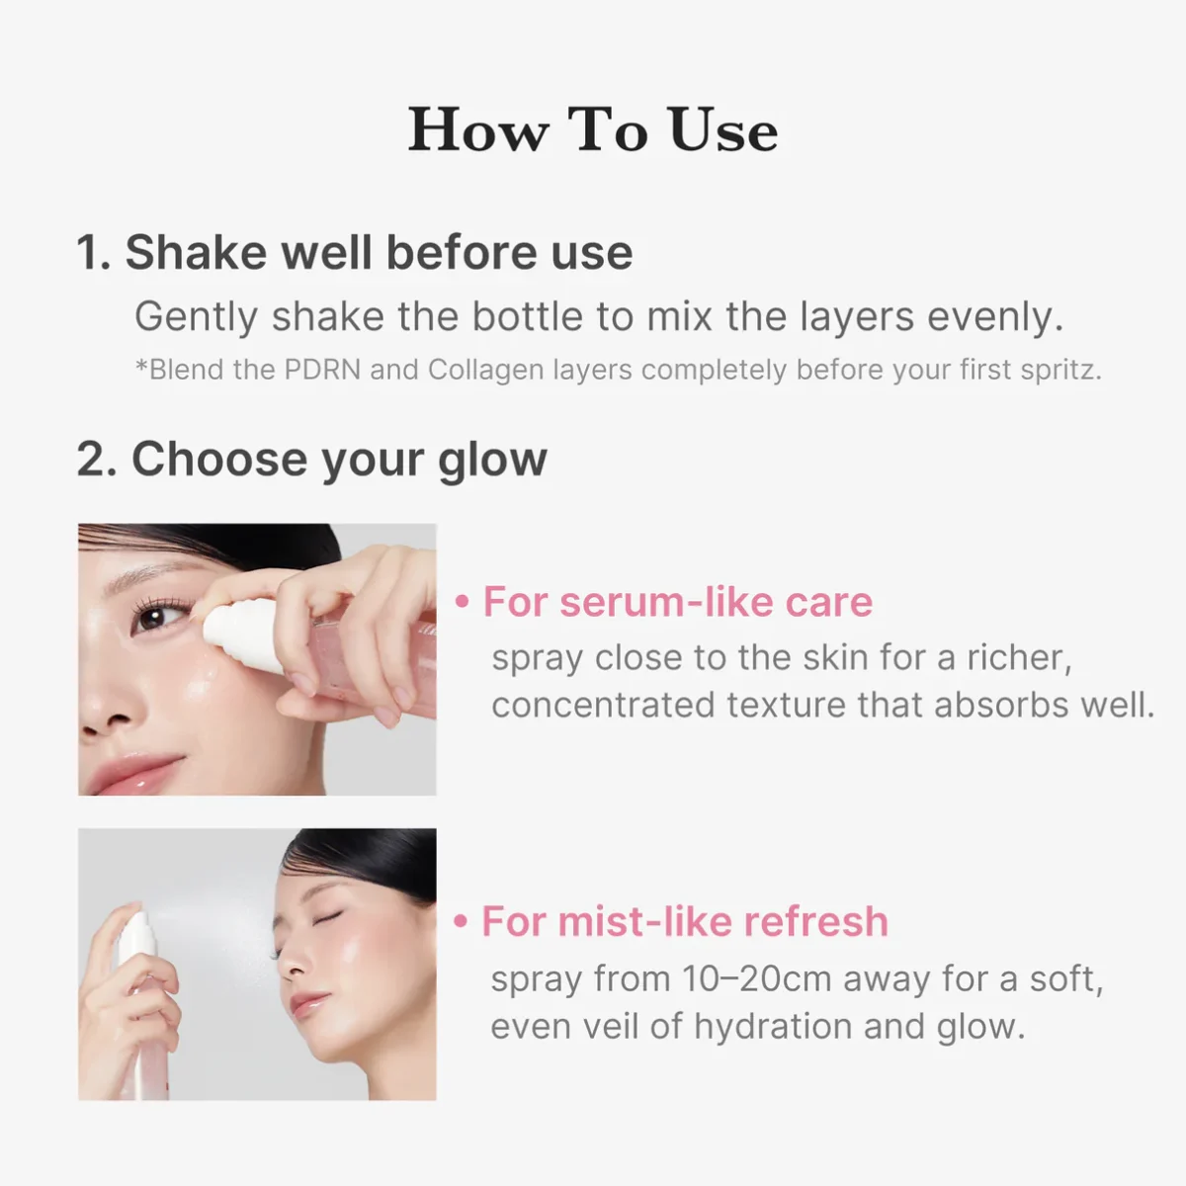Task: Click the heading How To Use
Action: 593,130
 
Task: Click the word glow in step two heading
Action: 492,461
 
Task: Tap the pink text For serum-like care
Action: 677,602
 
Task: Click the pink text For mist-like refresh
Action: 684,922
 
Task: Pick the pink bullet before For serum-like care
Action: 462,602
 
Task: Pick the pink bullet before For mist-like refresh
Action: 460,922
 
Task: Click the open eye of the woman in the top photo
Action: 152,618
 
